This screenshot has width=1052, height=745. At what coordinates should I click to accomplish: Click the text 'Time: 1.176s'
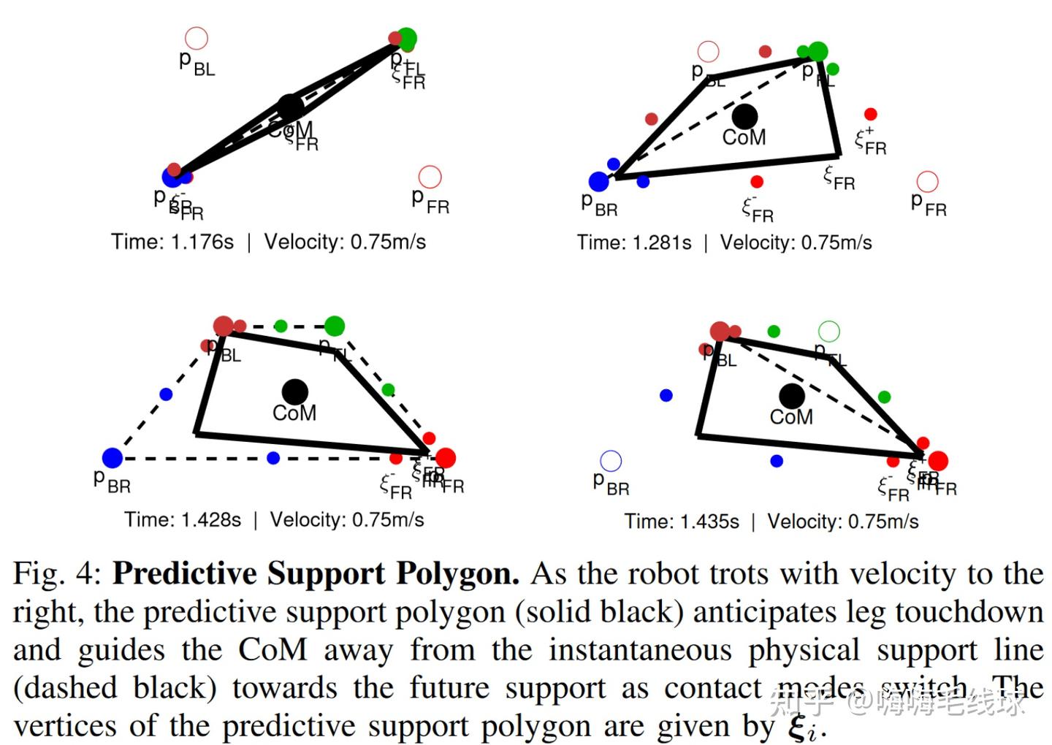[x=172, y=242]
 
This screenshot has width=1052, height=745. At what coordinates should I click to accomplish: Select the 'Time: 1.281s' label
[x=633, y=242]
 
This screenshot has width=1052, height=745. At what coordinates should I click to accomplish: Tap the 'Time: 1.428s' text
[x=183, y=519]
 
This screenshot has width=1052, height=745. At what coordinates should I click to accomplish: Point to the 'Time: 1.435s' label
[x=681, y=521]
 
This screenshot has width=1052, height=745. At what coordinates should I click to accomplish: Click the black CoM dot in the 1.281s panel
[x=744, y=115]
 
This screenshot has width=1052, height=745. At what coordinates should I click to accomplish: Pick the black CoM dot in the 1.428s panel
[x=294, y=391]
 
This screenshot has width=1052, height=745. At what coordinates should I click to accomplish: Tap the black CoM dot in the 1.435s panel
[x=791, y=396]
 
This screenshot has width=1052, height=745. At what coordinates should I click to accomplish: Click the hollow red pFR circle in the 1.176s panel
[x=430, y=177]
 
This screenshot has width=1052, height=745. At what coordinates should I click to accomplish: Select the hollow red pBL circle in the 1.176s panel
[x=197, y=38]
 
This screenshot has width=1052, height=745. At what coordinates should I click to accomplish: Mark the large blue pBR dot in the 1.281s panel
[x=598, y=181]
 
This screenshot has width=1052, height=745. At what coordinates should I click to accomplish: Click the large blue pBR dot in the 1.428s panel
[x=113, y=458]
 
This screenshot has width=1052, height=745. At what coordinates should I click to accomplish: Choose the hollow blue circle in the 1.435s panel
[x=611, y=461]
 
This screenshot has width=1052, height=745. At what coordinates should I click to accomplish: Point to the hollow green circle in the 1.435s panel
[x=829, y=332]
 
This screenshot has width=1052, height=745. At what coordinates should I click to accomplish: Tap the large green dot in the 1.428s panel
[x=335, y=326]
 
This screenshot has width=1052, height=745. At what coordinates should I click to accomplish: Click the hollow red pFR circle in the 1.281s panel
[x=927, y=181]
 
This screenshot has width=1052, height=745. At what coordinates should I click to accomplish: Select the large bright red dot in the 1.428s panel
[x=445, y=458]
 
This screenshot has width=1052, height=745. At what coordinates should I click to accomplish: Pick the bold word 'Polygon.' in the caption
[x=457, y=574]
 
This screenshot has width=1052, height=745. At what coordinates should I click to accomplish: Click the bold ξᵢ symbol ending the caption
[x=805, y=727]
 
